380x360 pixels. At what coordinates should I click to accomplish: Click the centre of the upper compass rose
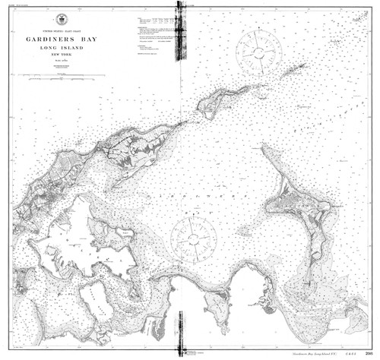point(258,51)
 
